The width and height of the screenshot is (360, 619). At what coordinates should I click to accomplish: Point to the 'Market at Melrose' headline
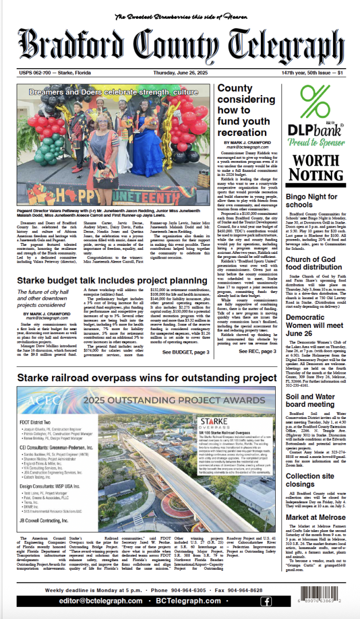pos(315,518)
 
